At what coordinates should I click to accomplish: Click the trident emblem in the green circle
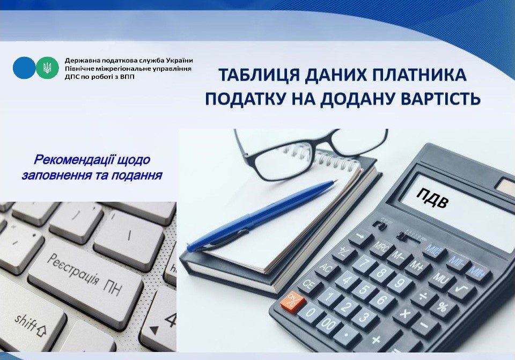[47, 68]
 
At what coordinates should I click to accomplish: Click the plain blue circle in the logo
[24, 68]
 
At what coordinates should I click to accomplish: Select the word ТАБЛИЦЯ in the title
[259, 75]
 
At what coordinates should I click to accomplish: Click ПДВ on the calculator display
[432, 198]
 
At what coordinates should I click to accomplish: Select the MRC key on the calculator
[381, 248]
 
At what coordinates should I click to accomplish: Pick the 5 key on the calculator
[363, 289]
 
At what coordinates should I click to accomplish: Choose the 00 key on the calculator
[327, 325]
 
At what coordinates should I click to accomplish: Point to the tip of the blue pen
[336, 180]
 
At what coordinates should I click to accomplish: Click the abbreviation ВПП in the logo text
[127, 77]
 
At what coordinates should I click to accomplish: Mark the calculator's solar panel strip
[505, 186]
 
